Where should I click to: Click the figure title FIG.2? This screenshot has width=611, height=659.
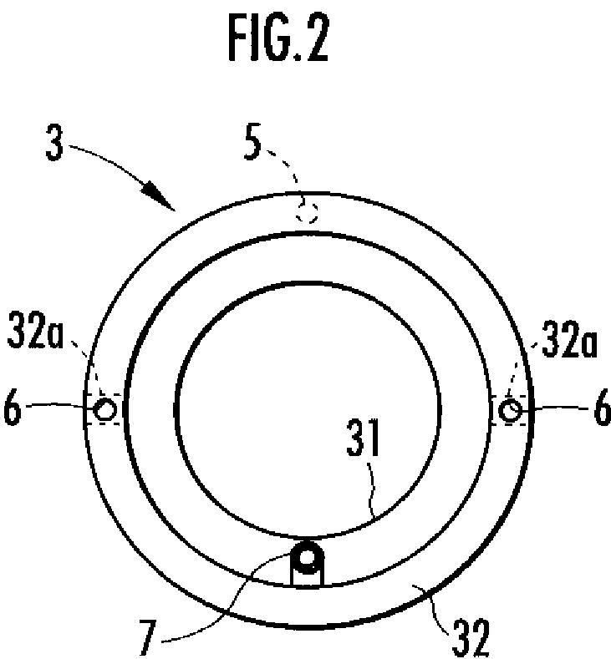(x=278, y=38)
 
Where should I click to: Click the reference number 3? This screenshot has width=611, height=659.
(x=54, y=142)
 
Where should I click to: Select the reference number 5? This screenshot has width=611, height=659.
(x=252, y=141)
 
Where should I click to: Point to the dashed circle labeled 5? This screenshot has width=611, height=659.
(x=306, y=210)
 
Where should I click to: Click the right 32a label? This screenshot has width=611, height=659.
(x=569, y=339)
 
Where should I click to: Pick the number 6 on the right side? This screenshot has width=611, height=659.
(x=602, y=408)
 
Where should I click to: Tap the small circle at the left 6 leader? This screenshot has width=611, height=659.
(x=104, y=409)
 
